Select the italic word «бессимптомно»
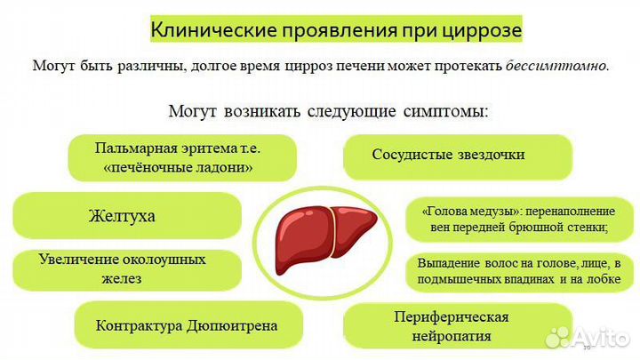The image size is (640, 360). tap(556, 65)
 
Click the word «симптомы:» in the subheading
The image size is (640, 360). tap(445, 111)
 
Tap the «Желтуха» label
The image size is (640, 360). tap(122, 215)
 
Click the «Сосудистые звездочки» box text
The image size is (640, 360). tap(448, 155)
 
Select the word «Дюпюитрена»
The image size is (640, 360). tap(232, 325)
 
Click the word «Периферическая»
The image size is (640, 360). tap(451, 317)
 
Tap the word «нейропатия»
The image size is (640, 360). tap(451, 336)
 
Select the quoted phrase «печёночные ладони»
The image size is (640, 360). tap(178, 167)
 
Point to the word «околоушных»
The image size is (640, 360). tap(164, 260)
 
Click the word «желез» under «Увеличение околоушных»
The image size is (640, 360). tap(122, 279)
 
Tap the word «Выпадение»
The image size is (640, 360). tap(449, 263)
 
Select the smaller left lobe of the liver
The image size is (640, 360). tap(353, 228)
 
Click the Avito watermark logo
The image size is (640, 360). tap(587, 338)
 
